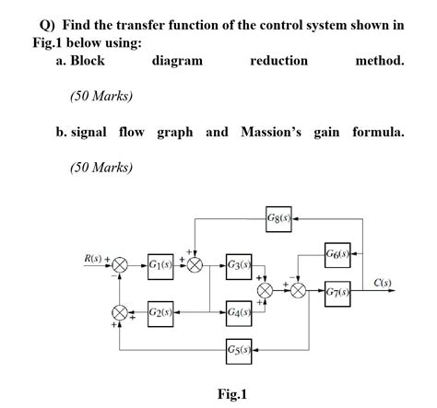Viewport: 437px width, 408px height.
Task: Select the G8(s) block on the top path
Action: (278, 219)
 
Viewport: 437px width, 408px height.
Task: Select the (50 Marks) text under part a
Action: (101, 95)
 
